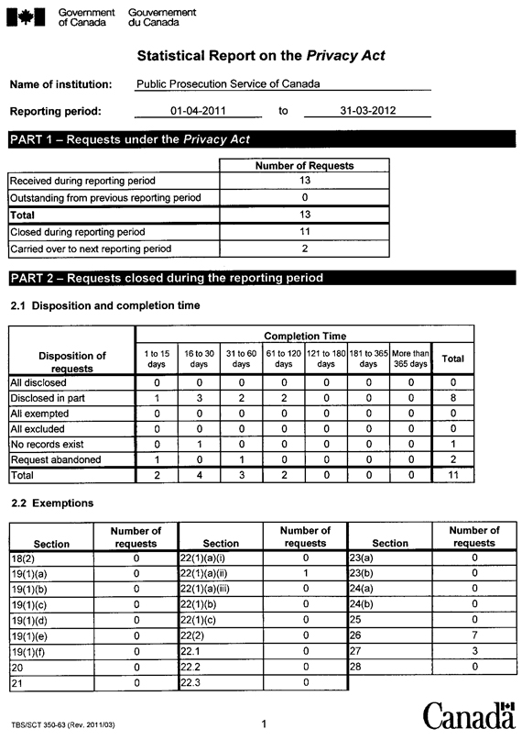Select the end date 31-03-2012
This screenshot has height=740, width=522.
[367, 111]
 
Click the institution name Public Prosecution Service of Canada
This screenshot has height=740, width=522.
[228, 83]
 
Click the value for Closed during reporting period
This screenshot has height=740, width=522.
[305, 232]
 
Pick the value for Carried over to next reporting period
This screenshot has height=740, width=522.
[305, 249]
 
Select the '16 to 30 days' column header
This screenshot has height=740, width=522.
[199, 358]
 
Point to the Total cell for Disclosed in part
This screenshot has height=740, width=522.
[451, 398]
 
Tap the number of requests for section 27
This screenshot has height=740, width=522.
[474, 650]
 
